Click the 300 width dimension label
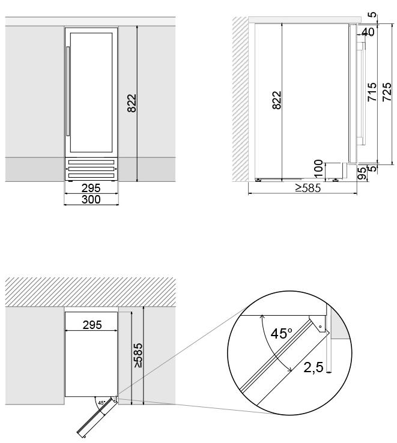[91, 199]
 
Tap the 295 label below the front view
[91, 188]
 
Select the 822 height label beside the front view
[132, 103]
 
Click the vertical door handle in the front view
[68, 91]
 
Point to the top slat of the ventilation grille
[91, 163]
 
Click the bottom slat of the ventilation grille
[91, 175]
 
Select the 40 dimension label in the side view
[368, 32]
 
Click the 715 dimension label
[372, 92]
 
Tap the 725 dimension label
[387, 92]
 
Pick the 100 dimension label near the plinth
[319, 169]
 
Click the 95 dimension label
[362, 173]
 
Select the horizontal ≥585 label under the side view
[308, 188]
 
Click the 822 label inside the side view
[277, 100]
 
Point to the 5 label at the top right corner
[374, 14]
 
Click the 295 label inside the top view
[92, 325]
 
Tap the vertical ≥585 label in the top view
[138, 355]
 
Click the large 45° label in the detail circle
[281, 333]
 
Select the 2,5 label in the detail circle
[314, 367]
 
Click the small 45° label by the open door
[102, 403]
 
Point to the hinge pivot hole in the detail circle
[320, 327]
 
